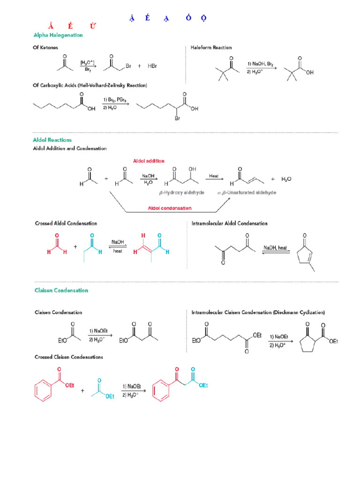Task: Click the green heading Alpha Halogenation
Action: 58,35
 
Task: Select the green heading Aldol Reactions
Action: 52,140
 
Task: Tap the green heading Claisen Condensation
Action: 61,290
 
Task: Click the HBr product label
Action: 152,66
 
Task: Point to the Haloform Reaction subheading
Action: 211,48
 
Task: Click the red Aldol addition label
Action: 149,161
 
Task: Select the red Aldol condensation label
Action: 170,208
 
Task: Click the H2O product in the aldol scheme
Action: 286,180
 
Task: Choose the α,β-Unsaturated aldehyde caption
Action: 247,193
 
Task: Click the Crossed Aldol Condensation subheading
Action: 66,224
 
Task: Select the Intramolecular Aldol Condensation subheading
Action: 230,224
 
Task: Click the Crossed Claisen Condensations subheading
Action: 69,357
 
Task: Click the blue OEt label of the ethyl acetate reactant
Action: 110,396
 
